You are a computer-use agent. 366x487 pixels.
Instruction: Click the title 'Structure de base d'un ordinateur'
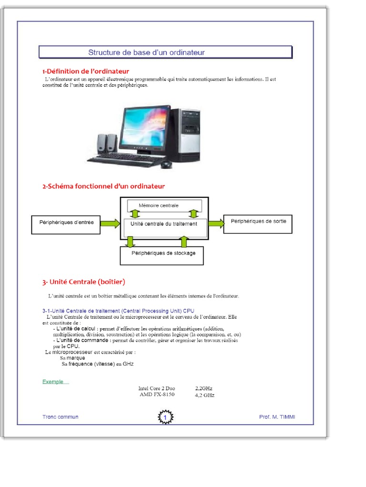point(146,52)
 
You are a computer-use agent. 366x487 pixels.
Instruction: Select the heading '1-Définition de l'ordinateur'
point(85,71)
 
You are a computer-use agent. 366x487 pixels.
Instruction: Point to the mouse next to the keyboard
point(166,164)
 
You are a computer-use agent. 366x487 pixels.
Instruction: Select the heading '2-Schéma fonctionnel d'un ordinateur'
point(103,186)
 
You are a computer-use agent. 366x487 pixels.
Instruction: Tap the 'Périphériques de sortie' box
point(258,222)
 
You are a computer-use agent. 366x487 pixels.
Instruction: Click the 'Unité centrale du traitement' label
point(163,224)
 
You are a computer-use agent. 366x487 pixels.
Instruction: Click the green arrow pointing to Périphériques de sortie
point(216,223)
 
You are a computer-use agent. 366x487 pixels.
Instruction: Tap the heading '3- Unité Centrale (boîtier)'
point(84,282)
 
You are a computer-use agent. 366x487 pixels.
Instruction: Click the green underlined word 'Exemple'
point(53,382)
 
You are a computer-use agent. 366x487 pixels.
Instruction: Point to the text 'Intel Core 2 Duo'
point(157,389)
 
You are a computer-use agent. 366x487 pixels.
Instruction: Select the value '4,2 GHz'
point(205,395)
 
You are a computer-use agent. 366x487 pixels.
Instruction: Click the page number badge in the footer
point(165,418)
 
